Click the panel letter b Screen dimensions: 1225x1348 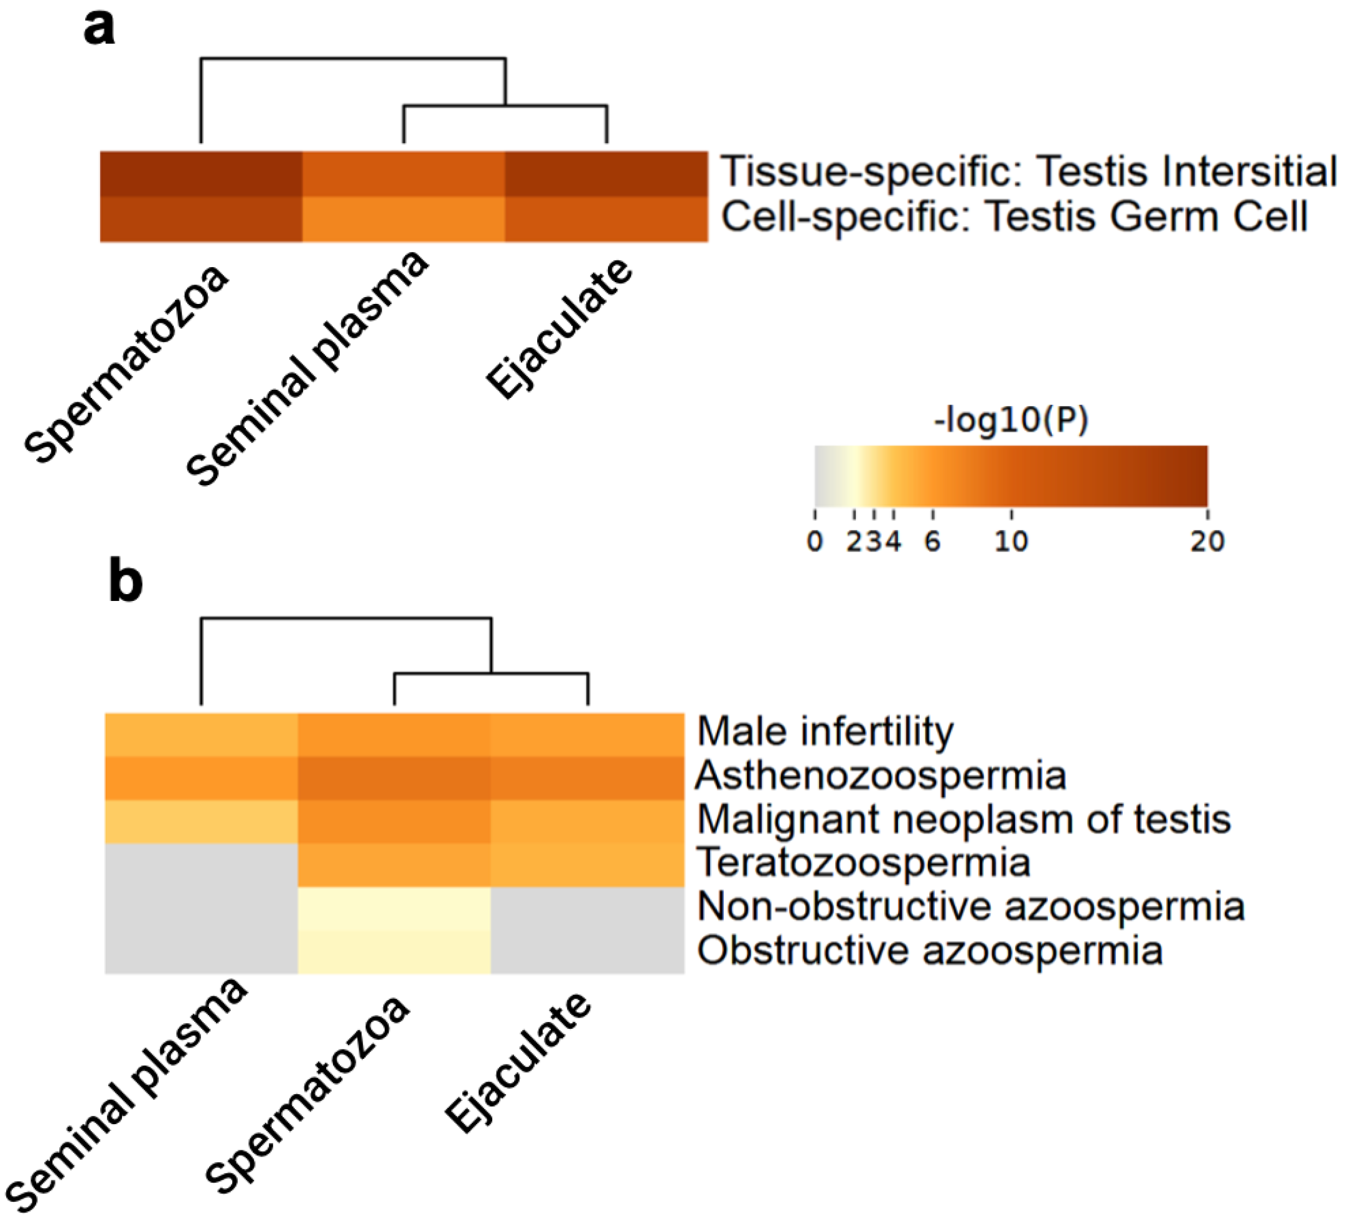125,583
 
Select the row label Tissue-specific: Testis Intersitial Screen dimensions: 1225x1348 1028,171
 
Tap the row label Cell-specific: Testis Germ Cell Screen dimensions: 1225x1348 1014,217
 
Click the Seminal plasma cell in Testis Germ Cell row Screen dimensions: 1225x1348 403,219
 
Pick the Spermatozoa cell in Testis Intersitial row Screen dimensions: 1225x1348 200,173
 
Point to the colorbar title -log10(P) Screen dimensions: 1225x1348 1011,420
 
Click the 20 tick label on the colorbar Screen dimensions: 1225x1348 1207,541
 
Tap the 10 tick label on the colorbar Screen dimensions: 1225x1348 1011,541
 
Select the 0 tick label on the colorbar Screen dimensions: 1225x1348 815,541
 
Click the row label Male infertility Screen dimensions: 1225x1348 825,731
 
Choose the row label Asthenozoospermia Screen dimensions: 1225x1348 881,775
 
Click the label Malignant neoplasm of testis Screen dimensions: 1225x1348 963,819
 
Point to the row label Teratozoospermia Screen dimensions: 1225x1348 863,863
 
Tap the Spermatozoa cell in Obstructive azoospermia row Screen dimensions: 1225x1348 394,952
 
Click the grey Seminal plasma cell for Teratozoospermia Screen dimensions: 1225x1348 200,864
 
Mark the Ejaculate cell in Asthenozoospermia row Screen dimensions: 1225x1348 587,777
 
